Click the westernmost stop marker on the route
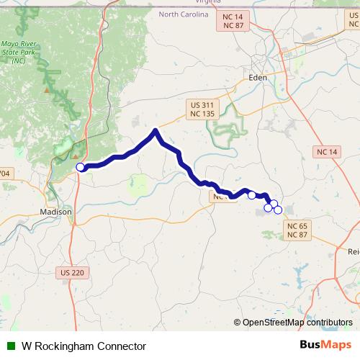pos(81,168)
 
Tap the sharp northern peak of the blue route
pos(156,130)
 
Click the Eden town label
pos(257,77)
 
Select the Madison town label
pos(55,212)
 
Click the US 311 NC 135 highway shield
pos(202,109)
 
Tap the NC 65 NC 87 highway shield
pos(297,230)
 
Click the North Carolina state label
pos(184,14)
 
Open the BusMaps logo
pos(325,346)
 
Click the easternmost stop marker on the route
pos(278,210)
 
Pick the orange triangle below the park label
pos(47,91)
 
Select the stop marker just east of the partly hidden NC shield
pos(251,195)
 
